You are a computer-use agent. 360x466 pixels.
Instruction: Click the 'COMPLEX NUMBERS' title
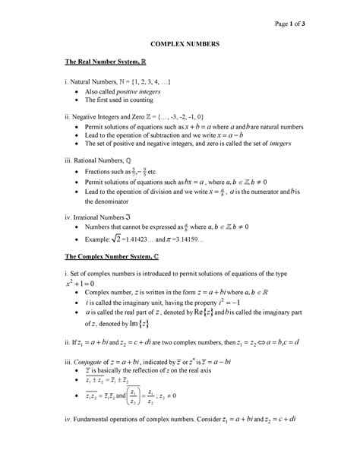[180, 46]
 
